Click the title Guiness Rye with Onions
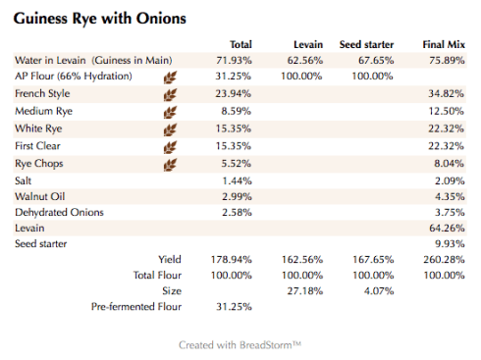(100, 18)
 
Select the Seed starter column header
(366, 45)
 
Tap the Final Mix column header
(443, 45)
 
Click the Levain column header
(308, 45)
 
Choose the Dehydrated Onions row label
(59, 212)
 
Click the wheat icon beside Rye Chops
(170, 164)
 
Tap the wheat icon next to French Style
(170, 94)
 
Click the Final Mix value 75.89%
(445, 61)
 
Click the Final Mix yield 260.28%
(442, 260)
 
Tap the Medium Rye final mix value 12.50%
(445, 112)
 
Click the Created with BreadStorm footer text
(240, 345)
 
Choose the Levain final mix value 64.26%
(445, 228)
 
